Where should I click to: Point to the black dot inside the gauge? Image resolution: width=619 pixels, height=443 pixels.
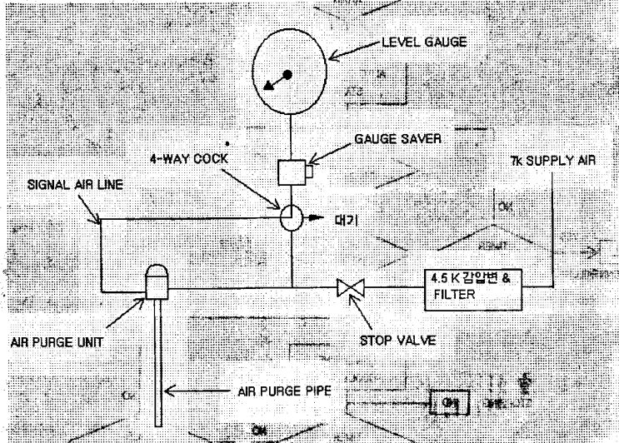(288, 75)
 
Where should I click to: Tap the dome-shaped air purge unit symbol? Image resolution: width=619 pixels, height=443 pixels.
(157, 283)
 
